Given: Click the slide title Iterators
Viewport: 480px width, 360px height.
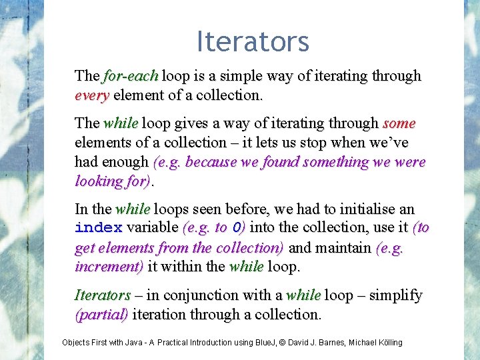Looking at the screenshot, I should (253, 41).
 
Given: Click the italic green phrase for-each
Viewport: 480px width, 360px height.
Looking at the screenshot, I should (130, 76).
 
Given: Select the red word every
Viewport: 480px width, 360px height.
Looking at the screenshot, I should (92, 95).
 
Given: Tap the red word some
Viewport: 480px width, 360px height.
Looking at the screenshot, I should (399, 123).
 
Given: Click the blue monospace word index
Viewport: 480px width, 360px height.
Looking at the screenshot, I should (99, 228).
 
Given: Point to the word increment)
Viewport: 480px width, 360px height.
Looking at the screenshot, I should (109, 267).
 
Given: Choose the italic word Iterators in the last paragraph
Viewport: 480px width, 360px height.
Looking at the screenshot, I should (103, 295).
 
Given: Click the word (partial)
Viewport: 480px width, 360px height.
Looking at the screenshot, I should (101, 314).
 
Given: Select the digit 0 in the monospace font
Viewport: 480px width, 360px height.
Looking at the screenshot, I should (237, 228).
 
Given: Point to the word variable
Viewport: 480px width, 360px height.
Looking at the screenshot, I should (153, 228).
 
